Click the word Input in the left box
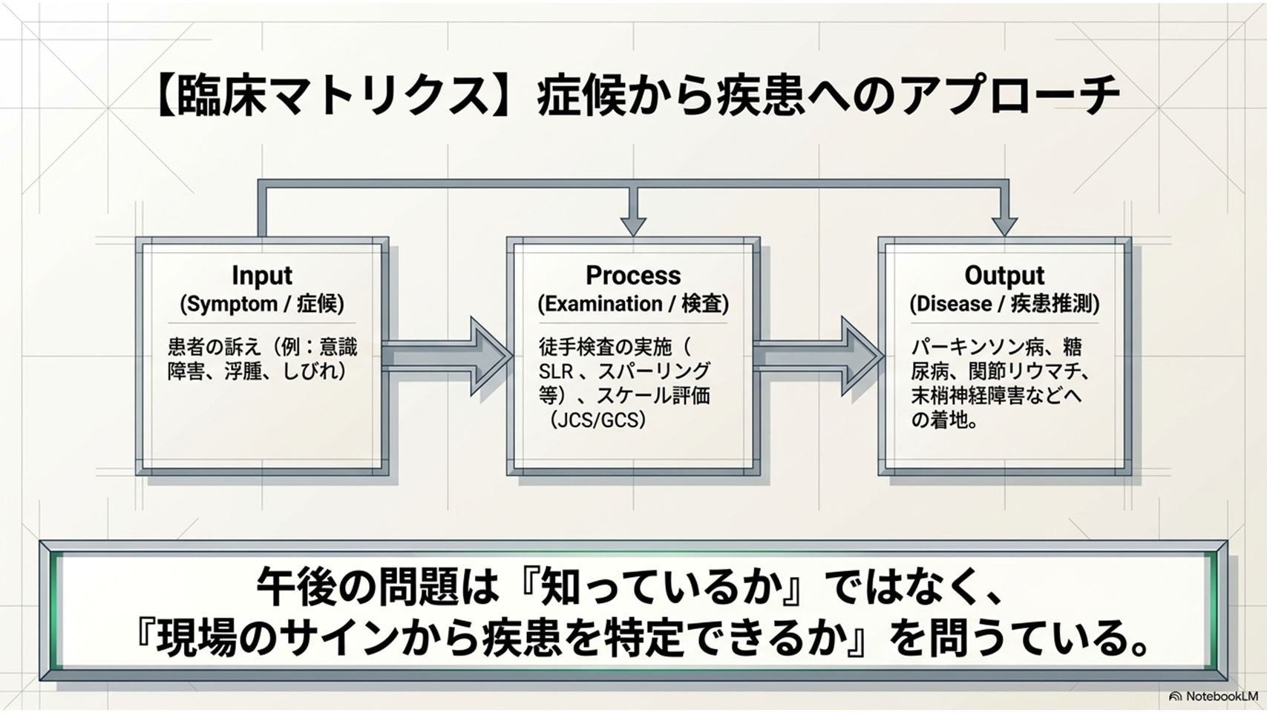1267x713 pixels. [x=262, y=276]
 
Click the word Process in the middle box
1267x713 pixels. [x=633, y=276]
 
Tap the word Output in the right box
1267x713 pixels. [x=1004, y=276]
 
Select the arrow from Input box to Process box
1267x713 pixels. [x=447, y=356]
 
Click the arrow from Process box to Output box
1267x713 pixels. [x=818, y=356]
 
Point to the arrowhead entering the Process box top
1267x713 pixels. [x=634, y=227]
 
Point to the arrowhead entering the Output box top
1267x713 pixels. [x=1004, y=227]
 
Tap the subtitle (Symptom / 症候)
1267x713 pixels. [x=262, y=305]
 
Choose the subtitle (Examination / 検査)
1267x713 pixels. [x=633, y=305]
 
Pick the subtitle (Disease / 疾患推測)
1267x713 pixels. [x=1004, y=305]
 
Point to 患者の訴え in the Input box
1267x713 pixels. [x=215, y=347]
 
